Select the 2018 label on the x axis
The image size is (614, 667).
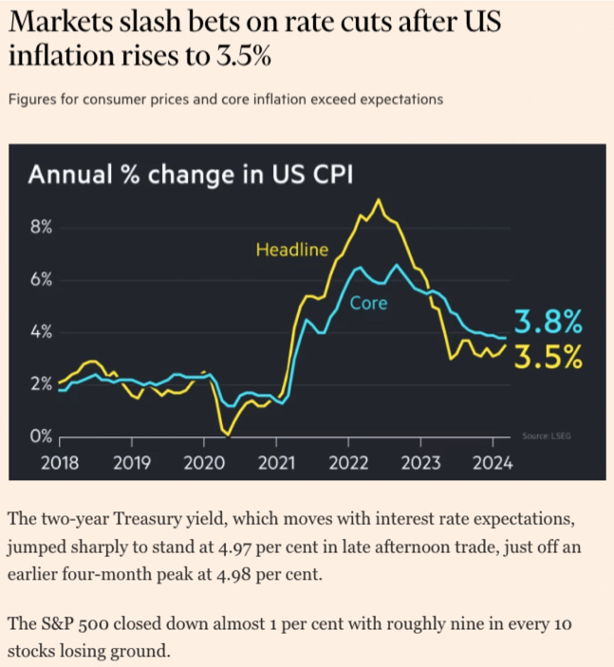[x=59, y=463]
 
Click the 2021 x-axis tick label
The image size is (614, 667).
[x=276, y=463]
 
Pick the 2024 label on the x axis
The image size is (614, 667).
[x=493, y=463]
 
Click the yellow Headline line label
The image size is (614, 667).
[x=291, y=250]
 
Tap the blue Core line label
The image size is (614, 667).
[x=368, y=305]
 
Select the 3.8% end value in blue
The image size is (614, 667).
[x=548, y=323]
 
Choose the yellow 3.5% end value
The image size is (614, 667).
[x=548, y=357]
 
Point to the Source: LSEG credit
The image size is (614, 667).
[x=547, y=435]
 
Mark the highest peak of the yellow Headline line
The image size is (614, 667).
[x=379, y=199]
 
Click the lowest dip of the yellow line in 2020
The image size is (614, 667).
[x=227, y=435]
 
